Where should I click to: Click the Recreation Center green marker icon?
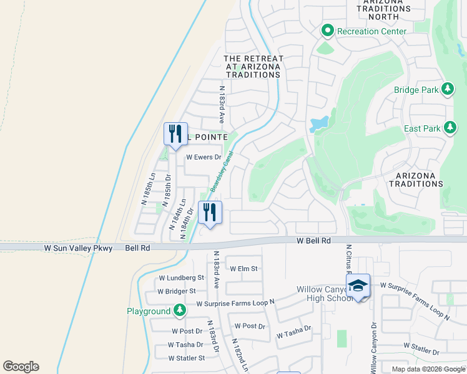point(327,31)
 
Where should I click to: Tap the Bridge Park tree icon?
point(447,90)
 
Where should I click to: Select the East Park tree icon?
point(450,128)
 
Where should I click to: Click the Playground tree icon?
point(180,310)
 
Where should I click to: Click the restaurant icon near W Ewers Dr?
point(175,133)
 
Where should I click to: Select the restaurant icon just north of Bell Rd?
point(210,213)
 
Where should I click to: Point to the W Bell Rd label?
point(312,240)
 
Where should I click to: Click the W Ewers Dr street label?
point(204,158)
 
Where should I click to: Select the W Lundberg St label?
point(182,277)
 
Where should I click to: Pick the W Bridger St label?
point(177,291)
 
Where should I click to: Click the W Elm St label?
point(243,269)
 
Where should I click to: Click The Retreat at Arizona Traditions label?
point(253,67)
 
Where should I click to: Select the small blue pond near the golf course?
point(319,123)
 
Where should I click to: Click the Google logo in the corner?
point(21,367)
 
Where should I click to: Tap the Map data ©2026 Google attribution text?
point(428,369)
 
